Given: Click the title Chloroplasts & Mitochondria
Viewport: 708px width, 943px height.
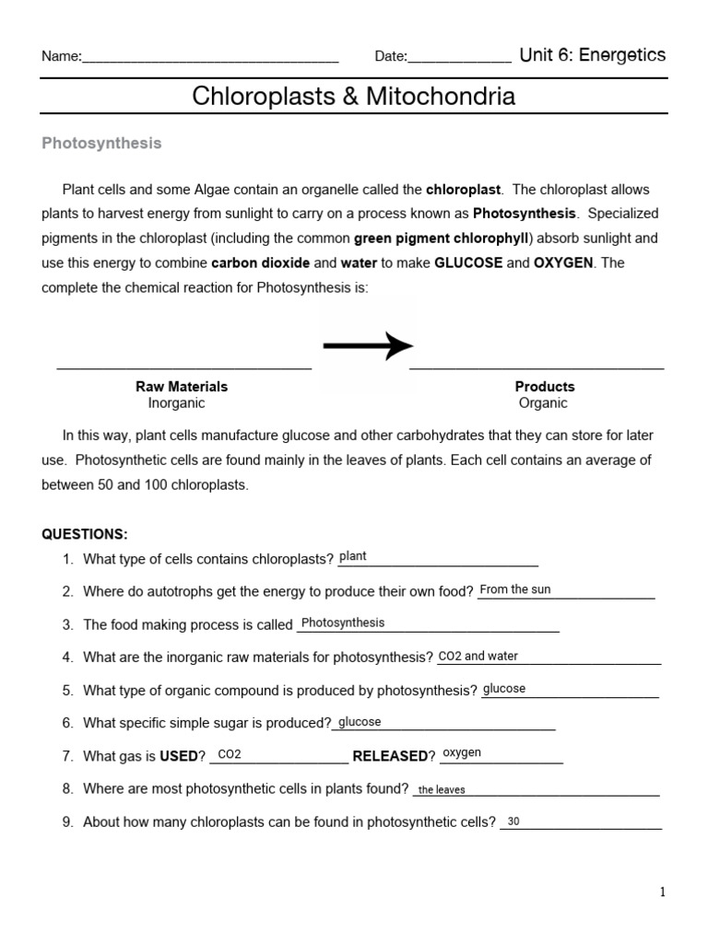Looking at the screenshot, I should pos(353,96).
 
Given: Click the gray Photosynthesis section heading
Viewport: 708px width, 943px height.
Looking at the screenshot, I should pos(101,143).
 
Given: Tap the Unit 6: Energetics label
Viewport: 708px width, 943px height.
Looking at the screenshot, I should pos(592,55).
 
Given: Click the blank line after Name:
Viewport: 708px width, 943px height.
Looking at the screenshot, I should pos(210,58).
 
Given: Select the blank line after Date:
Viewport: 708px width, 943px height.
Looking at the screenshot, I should pos(459,58).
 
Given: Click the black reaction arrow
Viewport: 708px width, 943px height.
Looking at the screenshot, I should pos(367,346).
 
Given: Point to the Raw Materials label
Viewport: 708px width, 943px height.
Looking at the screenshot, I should pos(182,387).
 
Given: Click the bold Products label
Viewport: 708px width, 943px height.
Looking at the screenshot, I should pos(544,387).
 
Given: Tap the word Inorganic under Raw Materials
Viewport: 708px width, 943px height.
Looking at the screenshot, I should pos(176,403).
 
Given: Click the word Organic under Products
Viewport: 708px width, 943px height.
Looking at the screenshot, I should pos(543,403).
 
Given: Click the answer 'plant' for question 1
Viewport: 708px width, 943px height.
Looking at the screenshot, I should pos(353,556).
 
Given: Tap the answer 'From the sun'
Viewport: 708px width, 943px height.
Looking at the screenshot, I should pos(515,589).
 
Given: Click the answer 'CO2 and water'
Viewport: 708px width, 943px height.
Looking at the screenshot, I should pos(478,657).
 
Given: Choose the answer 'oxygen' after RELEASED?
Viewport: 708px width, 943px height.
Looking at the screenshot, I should pos(462,753).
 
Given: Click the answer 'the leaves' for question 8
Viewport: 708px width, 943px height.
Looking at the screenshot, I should pos(442,789).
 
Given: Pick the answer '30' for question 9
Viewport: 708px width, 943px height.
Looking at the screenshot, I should pos(513,821).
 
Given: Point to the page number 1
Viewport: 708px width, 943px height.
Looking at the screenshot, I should pos(662,891).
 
